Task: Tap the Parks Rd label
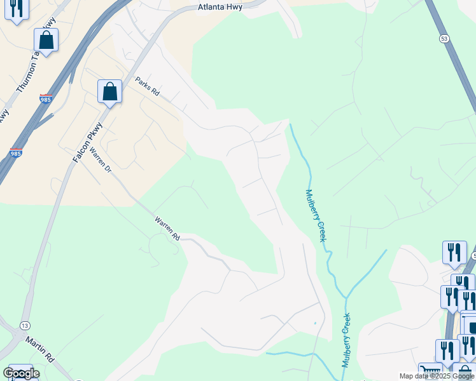pyautogui.click(x=147, y=86)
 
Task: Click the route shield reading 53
pyautogui.click(x=444, y=39)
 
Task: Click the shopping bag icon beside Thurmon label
pyautogui.click(x=46, y=40)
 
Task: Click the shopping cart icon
pyautogui.click(x=430, y=371)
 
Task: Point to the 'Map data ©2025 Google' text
pyautogui.click(x=436, y=376)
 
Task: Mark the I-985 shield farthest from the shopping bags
pyautogui.click(x=17, y=153)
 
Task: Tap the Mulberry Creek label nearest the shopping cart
pyautogui.click(x=347, y=340)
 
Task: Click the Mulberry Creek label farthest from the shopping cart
pyautogui.click(x=316, y=216)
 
